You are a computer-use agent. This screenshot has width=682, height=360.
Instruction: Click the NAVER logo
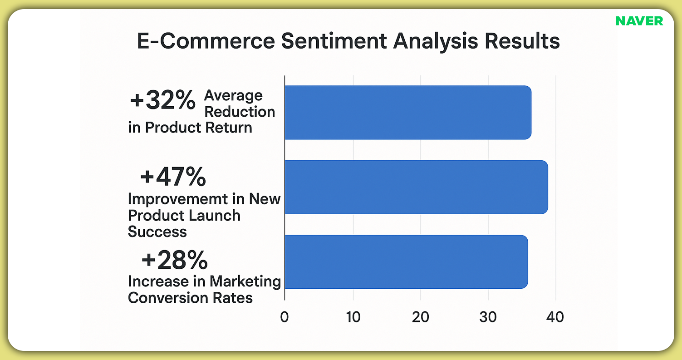click(639, 21)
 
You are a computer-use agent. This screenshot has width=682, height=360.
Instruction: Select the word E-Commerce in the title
click(206, 41)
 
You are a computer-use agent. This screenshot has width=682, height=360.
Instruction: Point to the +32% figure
click(162, 101)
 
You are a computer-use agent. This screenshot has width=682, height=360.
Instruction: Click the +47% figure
click(173, 178)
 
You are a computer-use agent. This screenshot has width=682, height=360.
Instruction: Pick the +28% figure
click(174, 261)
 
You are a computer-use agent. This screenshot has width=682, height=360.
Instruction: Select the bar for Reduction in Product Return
click(407, 112)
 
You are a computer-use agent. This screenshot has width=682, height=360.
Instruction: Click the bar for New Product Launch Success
click(416, 187)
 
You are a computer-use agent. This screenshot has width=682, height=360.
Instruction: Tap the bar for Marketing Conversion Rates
click(406, 261)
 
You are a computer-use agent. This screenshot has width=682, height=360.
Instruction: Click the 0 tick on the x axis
click(285, 316)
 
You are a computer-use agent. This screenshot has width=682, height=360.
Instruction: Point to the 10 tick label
click(353, 316)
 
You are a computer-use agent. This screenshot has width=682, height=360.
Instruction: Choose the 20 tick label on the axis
click(421, 316)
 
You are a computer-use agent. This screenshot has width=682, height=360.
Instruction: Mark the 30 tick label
click(488, 316)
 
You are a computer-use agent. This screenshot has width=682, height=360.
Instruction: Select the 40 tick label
click(555, 316)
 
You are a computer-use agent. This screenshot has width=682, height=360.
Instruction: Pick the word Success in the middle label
click(157, 232)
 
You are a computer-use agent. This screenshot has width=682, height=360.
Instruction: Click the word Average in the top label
click(233, 95)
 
